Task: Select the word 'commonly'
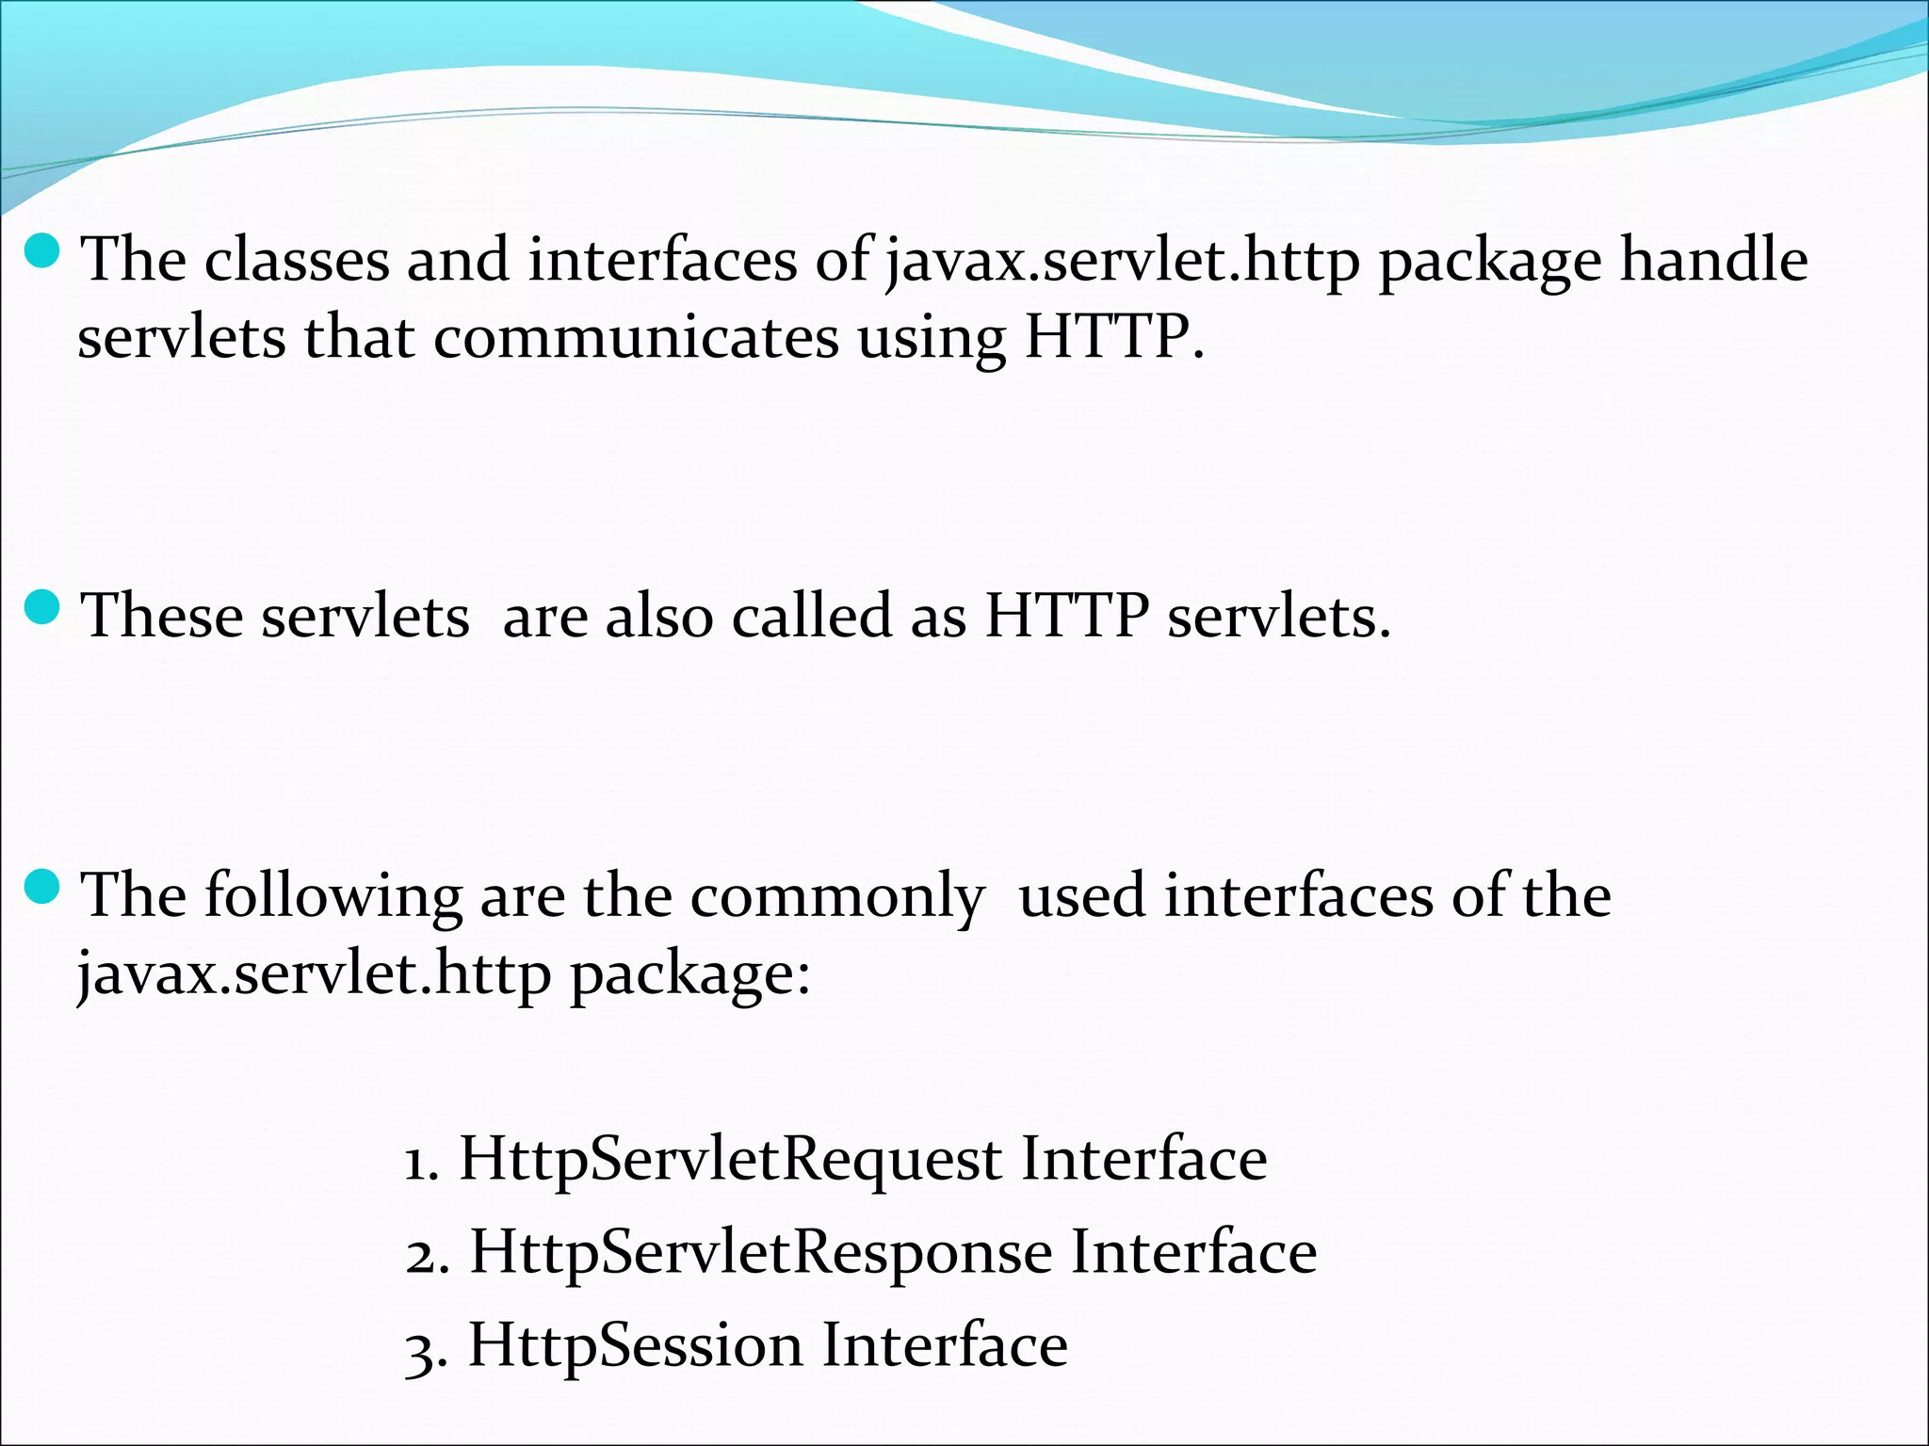[837, 896]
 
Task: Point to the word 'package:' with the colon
[689, 974]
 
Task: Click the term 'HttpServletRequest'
[730, 1159]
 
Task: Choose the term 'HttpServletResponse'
[760, 1253]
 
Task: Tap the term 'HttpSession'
[635, 1345]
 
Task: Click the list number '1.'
[422, 1161]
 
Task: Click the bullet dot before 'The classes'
[42, 251]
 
